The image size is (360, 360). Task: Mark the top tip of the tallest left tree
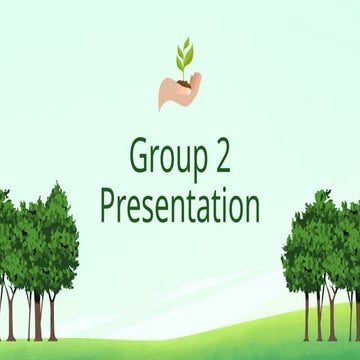tap(59, 184)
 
